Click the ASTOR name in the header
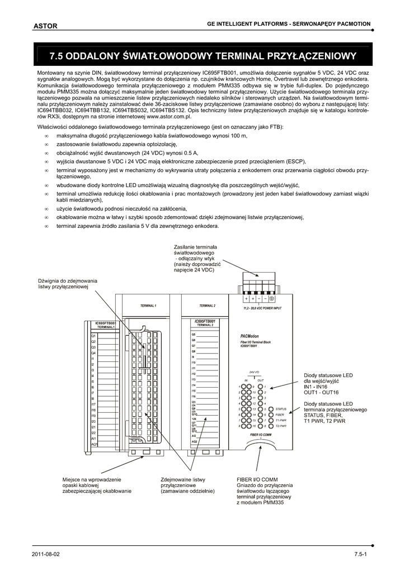(45, 26)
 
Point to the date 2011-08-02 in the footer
(46, 554)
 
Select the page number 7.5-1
(360, 554)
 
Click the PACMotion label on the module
(245, 336)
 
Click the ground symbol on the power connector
(271, 298)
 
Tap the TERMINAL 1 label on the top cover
(148, 306)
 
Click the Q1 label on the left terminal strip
(94, 335)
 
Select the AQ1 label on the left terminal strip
(94, 444)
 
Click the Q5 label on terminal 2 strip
(194, 334)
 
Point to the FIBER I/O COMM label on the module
(260, 434)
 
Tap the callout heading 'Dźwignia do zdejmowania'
(68, 280)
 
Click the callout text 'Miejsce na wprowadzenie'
(91, 479)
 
